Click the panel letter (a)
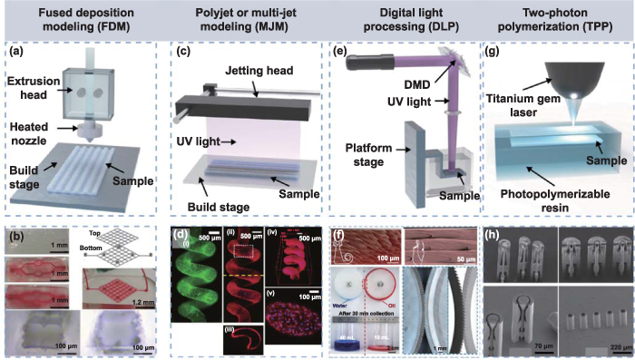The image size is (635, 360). point(16,52)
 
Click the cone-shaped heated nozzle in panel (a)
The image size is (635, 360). point(93,129)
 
